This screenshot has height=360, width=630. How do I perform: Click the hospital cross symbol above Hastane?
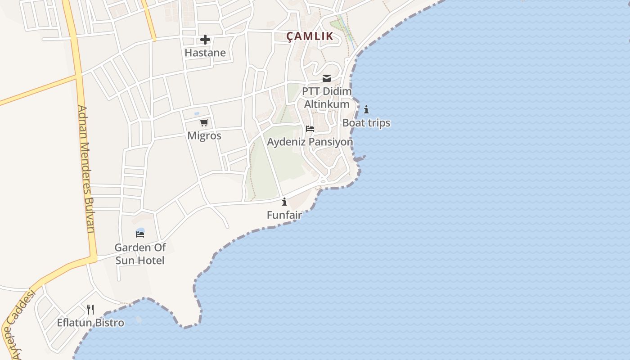tap(205, 40)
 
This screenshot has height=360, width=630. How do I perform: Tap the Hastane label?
tap(205, 53)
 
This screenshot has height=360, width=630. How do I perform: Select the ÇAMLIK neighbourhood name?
tap(311, 36)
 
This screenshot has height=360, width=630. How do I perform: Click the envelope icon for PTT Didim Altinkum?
tap(327, 78)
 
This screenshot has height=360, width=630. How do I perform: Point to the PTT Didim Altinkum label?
tap(327, 98)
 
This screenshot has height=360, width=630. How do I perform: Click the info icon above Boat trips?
tap(366, 109)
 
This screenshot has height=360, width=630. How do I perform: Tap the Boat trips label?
tap(366, 123)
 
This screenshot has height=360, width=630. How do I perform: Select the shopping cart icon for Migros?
tap(204, 122)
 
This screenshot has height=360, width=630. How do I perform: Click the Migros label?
tap(204, 135)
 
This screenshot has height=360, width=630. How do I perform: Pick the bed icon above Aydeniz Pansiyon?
tap(310, 129)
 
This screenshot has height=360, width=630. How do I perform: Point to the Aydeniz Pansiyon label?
tap(310, 142)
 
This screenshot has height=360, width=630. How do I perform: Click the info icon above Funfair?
tap(284, 202)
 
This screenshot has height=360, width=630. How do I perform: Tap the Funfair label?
tap(284, 215)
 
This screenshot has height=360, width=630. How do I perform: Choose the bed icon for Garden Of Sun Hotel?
tap(140, 234)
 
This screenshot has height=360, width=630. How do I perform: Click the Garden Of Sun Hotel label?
tap(140, 254)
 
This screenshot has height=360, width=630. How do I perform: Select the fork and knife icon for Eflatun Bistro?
tap(90, 309)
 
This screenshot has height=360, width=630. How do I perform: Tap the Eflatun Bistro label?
tap(90, 323)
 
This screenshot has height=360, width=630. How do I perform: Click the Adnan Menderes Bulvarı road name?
tap(86, 169)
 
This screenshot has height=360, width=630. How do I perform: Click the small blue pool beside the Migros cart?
tap(196, 113)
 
